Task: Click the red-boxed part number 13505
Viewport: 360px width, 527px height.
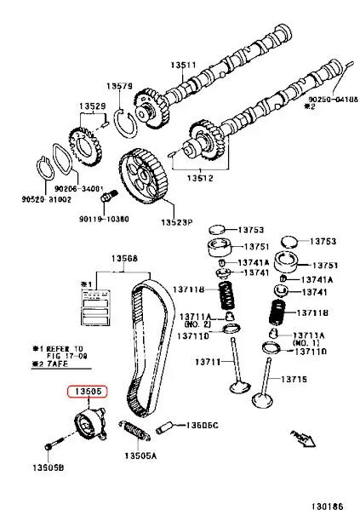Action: pyautogui.click(x=88, y=392)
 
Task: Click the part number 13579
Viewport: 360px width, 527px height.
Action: pyautogui.click(x=120, y=86)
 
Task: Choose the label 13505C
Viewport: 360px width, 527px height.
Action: pyautogui.click(x=203, y=424)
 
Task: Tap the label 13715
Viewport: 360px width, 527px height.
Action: pyautogui.click(x=294, y=378)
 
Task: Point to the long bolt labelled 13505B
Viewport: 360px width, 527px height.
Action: pyautogui.click(x=56, y=445)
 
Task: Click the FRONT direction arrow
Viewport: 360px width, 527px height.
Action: pyautogui.click(x=303, y=438)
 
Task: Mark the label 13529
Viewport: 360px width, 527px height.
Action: pyautogui.click(x=94, y=106)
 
